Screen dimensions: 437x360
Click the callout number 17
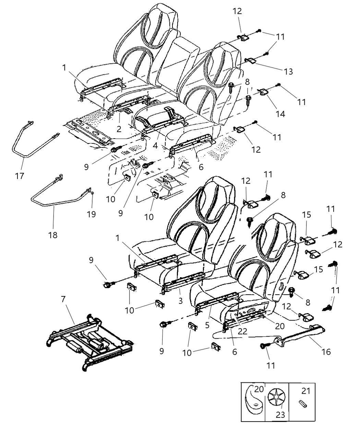20,176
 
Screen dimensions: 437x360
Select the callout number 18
53,235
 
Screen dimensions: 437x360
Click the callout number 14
280,114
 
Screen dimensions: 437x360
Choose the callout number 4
155,145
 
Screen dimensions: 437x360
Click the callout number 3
180,301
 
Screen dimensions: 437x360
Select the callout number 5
207,325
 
